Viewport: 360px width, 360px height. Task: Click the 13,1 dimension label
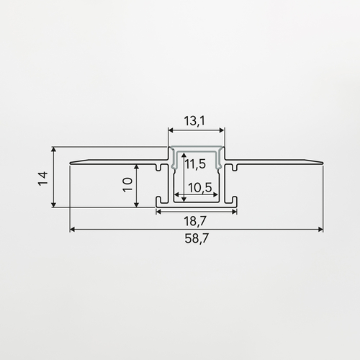click(194, 121)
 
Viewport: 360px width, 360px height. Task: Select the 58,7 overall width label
click(197, 238)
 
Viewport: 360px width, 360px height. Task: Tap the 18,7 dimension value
click(195, 221)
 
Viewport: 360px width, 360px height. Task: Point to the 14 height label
click(43, 179)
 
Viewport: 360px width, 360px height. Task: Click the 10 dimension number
click(127, 184)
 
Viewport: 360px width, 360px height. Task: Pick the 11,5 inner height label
click(195, 164)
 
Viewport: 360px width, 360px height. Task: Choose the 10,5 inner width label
click(200, 188)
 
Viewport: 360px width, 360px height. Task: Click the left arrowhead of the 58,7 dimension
click(72, 230)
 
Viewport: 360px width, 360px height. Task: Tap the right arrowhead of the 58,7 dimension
click(320, 230)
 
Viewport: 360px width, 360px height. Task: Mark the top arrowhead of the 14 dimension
click(54, 150)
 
